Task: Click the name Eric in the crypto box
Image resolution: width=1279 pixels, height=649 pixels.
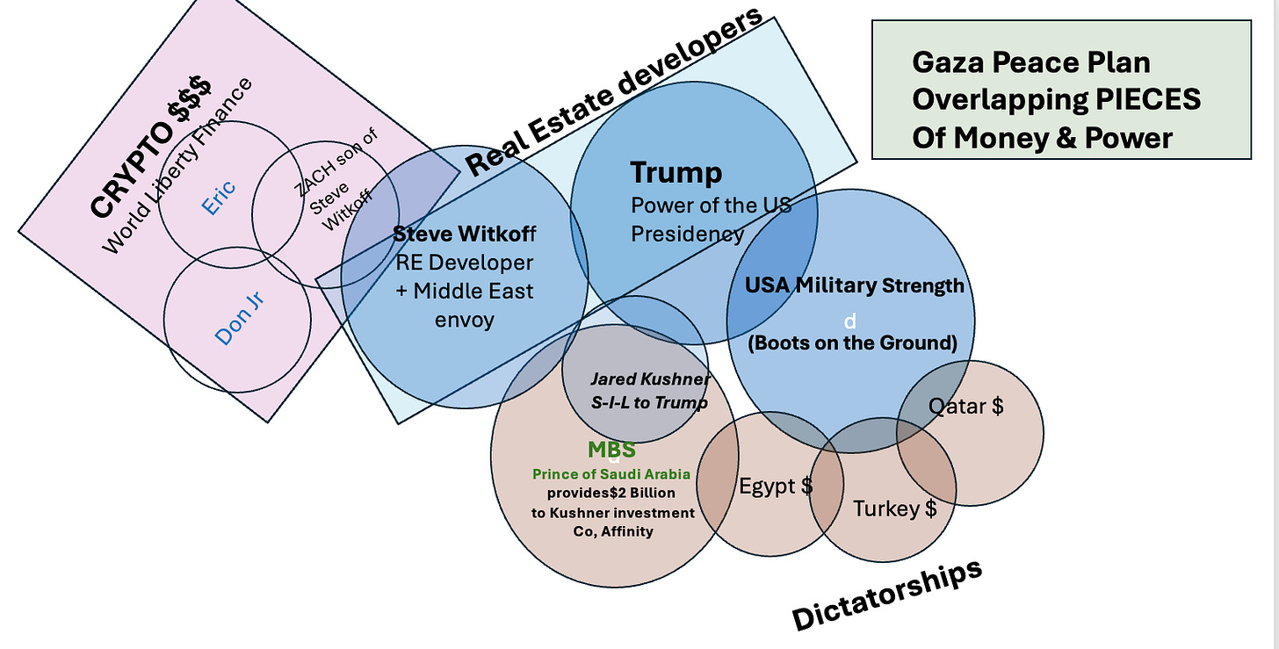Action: coord(219,198)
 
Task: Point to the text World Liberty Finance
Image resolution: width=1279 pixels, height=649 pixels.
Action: coord(177,166)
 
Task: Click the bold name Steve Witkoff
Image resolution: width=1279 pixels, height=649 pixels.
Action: coord(464,234)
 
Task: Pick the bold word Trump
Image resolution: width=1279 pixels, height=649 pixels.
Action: coord(676,173)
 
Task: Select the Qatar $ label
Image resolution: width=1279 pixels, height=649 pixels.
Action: coord(966,406)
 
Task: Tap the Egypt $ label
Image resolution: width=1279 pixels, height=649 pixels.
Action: coord(776,486)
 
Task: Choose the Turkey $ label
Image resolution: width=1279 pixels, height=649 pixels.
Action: coord(895,508)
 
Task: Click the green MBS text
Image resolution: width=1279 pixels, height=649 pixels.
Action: coord(611,451)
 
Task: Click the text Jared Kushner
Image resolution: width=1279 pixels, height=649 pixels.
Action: coord(649,379)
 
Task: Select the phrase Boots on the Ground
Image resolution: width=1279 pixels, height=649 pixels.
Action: coord(852,343)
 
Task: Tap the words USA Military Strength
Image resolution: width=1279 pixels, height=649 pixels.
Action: coord(854,285)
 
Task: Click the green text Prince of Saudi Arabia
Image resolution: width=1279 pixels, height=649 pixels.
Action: coord(611,474)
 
